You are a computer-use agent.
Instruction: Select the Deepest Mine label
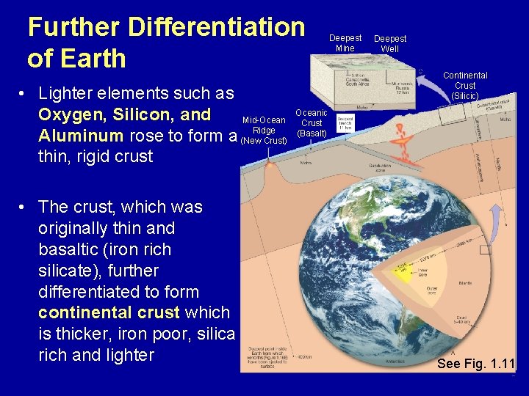[x=345, y=43]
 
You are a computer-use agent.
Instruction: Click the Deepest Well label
[x=389, y=44]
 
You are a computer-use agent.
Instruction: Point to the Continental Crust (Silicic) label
[x=464, y=86]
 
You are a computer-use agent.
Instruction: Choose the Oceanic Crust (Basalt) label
[x=312, y=123]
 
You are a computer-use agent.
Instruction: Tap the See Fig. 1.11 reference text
[x=475, y=363]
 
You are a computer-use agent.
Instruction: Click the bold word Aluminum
[x=81, y=136]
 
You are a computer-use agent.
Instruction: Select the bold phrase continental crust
[x=109, y=312]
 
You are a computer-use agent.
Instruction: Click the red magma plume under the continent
[x=401, y=139]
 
